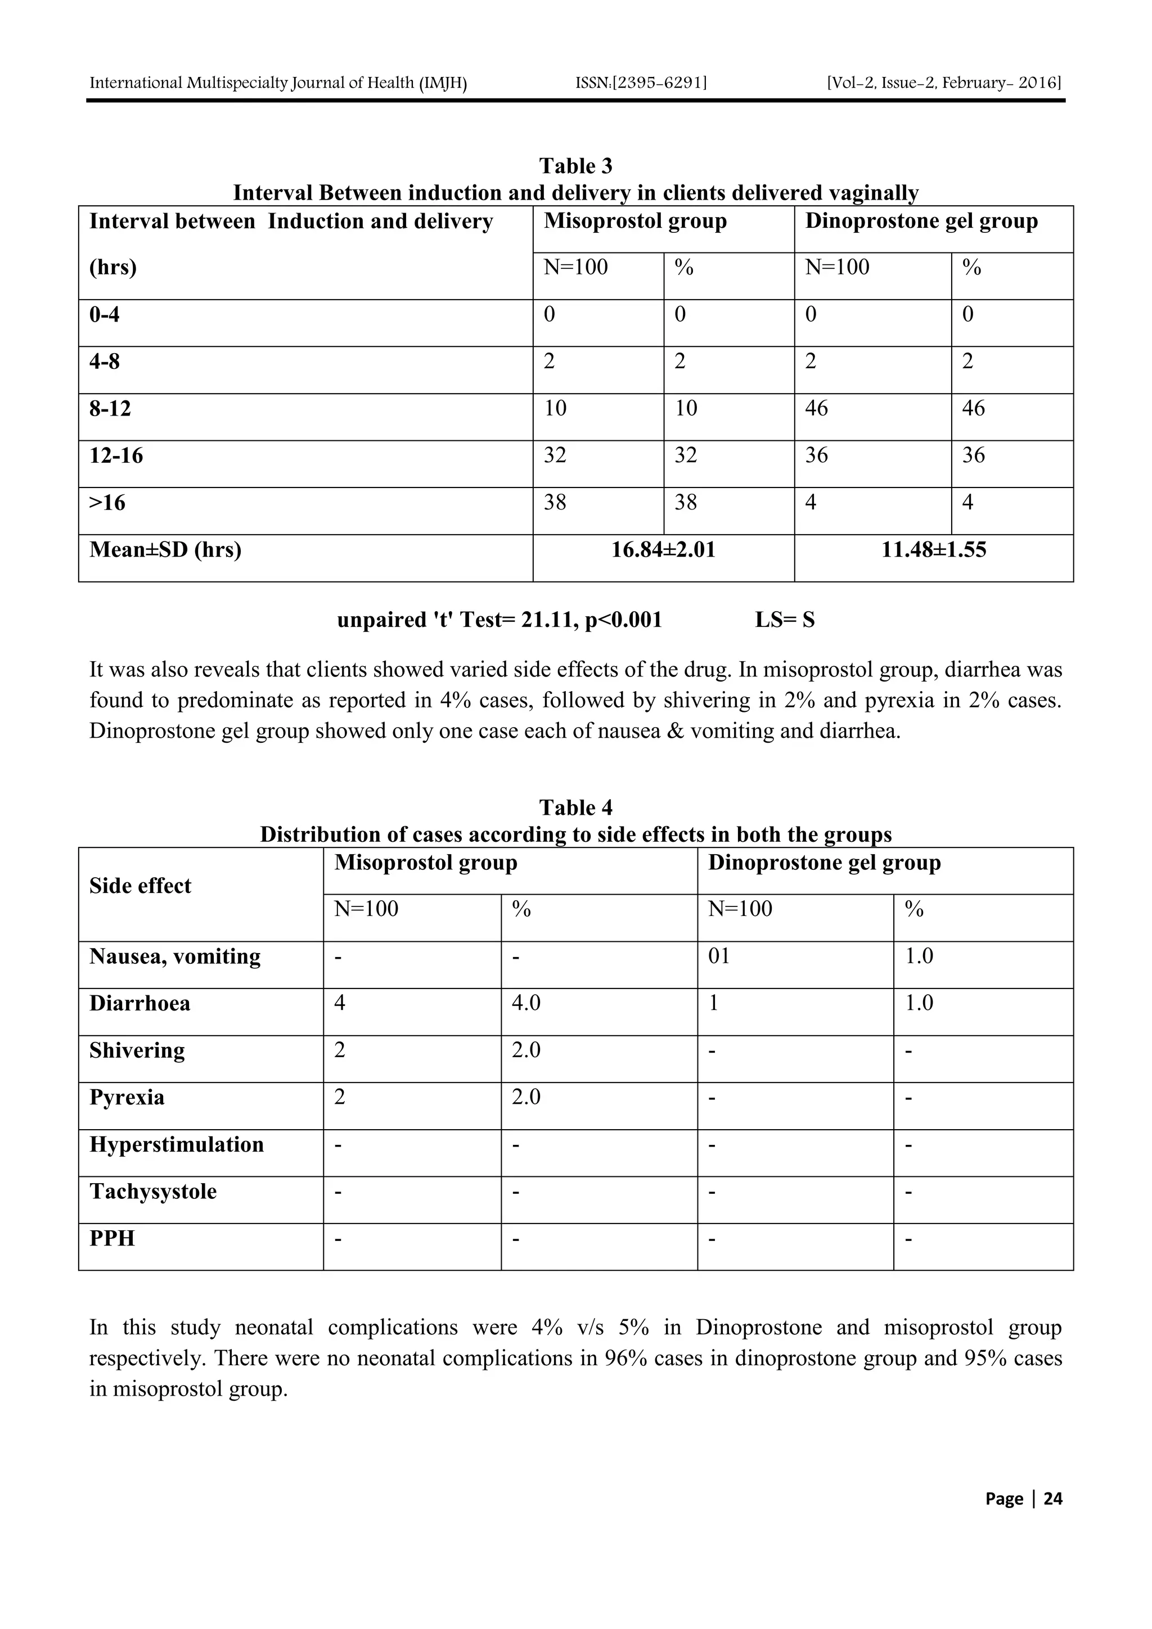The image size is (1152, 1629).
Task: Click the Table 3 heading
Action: coord(575,166)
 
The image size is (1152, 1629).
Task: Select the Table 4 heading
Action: coord(575,807)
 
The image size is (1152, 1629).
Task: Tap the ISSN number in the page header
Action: coord(641,83)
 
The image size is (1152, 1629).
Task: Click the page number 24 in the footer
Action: coord(1052,1499)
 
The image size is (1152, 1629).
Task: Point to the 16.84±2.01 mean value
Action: coord(663,550)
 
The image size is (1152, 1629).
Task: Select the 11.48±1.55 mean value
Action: coord(933,550)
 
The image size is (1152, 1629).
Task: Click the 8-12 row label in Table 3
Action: coord(110,409)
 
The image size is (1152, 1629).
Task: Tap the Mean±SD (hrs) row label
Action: coord(165,550)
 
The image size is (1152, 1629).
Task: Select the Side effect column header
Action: coord(141,886)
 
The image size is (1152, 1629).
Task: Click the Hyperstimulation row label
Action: coord(177,1144)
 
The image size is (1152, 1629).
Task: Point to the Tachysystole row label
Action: coord(154,1191)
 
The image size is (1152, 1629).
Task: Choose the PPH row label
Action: coord(112,1238)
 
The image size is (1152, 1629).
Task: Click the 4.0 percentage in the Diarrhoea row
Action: coord(526,1003)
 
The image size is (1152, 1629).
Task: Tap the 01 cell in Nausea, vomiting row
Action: coord(719,956)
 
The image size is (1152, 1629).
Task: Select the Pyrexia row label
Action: coord(127,1098)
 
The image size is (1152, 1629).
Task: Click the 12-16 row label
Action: coord(116,455)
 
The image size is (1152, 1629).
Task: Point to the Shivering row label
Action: coord(137,1050)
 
